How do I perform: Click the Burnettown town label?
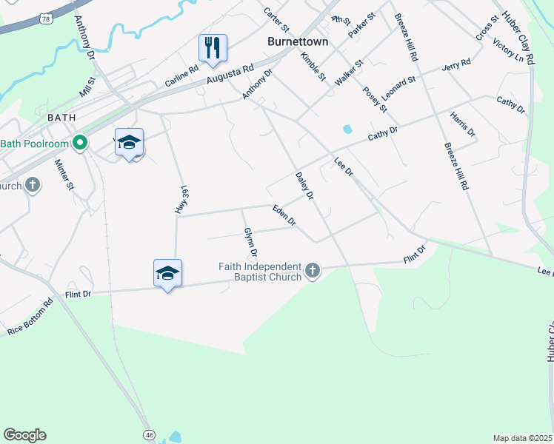coord(297,42)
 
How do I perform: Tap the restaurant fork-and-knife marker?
coord(213,48)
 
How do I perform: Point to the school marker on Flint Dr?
coord(168,274)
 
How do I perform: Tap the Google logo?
coord(24,435)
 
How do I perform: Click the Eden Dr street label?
coord(284,215)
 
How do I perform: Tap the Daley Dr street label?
coord(305,186)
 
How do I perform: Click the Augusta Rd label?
coord(230,74)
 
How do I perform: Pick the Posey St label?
coord(375,99)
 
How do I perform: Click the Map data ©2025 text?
coord(522,438)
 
